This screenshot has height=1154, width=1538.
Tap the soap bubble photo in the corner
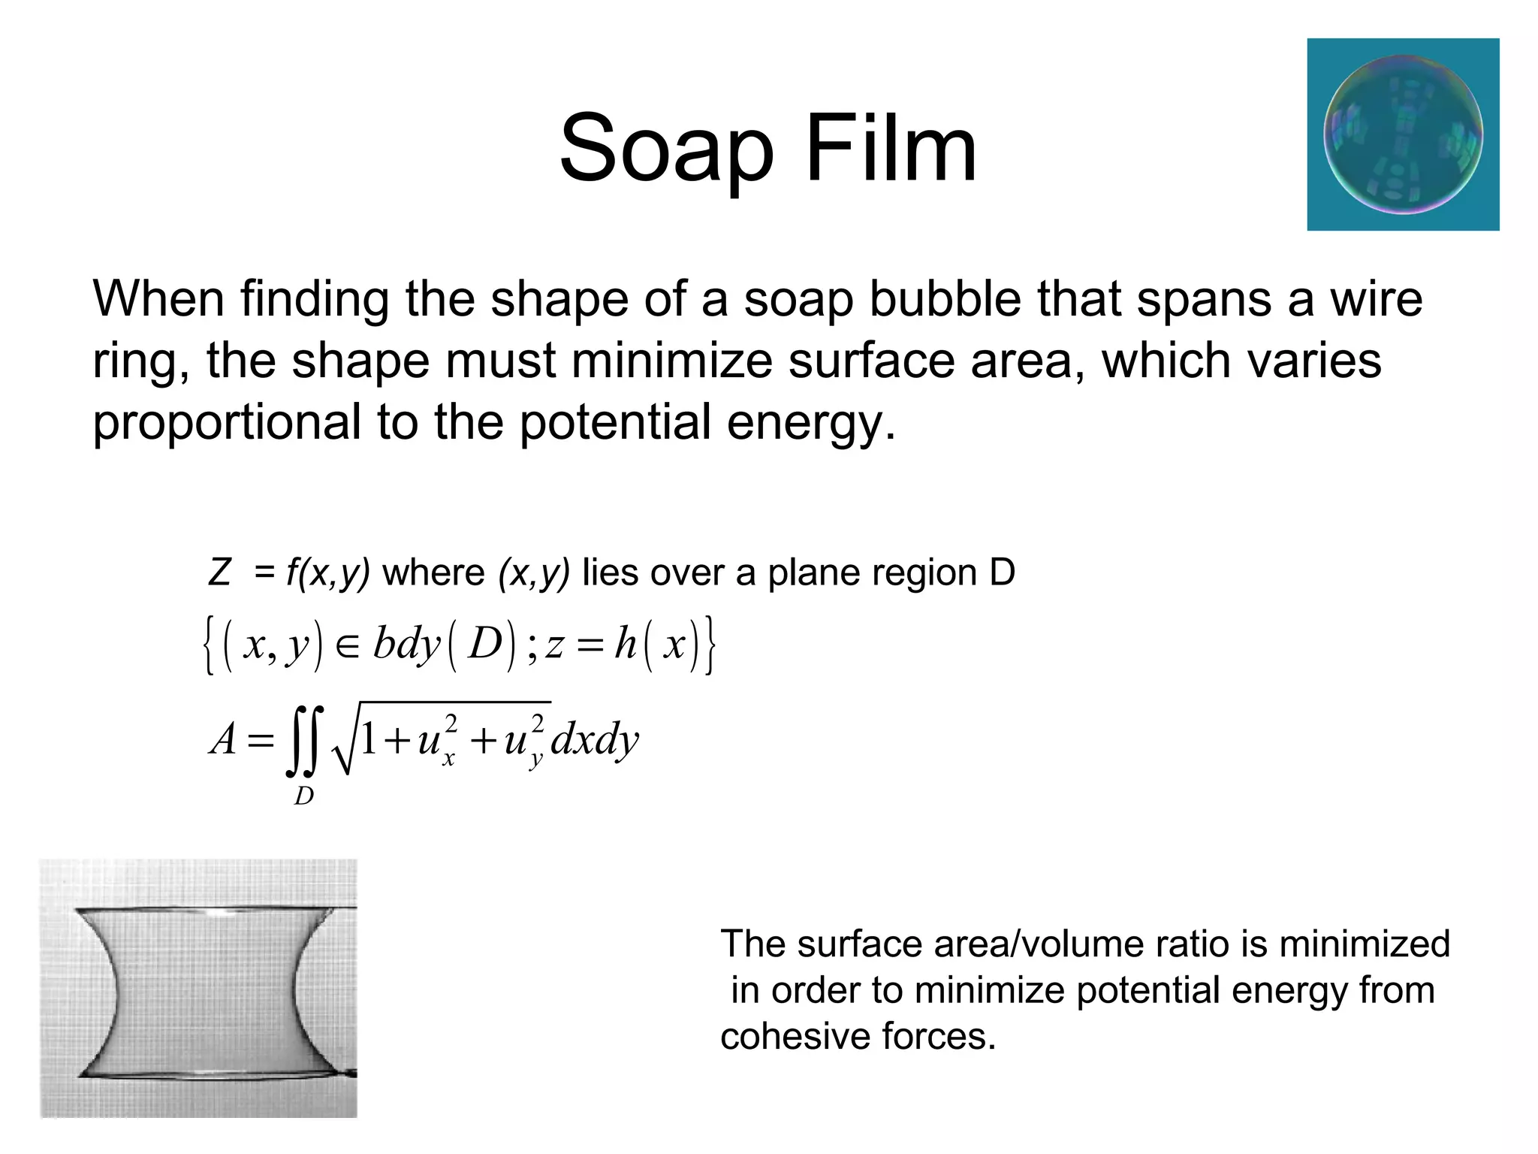pyautogui.click(x=1403, y=134)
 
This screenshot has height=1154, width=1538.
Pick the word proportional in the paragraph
pyautogui.click(x=226, y=422)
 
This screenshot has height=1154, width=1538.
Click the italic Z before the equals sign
pyautogui.click(x=219, y=572)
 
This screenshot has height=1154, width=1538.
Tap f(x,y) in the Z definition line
pyautogui.click(x=328, y=573)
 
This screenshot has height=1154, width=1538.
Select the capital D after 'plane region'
pyautogui.click(x=1003, y=572)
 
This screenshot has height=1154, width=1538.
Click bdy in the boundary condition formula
pyautogui.click(x=406, y=645)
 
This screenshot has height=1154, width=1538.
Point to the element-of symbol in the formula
pyautogui.click(x=348, y=646)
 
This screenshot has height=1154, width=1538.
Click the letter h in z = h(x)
pyautogui.click(x=625, y=645)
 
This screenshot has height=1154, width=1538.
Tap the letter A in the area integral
pyautogui.click(x=224, y=739)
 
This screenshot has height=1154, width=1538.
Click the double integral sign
pyautogui.click(x=305, y=740)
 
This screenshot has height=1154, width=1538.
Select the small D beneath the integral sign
pyautogui.click(x=303, y=796)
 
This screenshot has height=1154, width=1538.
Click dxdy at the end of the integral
pyautogui.click(x=594, y=740)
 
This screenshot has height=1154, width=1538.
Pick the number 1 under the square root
pyautogui.click(x=368, y=739)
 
